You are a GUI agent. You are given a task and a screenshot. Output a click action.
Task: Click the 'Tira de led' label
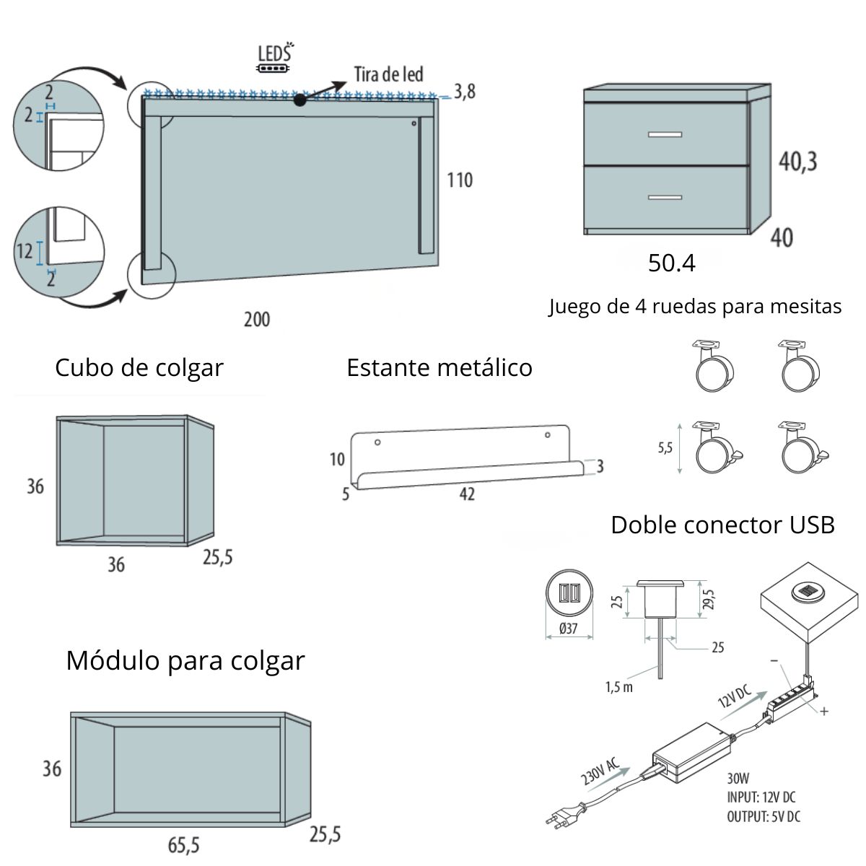tap(388, 74)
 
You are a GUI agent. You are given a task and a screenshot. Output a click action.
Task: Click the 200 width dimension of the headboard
tap(256, 319)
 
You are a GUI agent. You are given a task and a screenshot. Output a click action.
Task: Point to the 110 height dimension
tap(460, 180)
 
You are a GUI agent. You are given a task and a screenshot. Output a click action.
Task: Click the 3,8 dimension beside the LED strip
tap(465, 92)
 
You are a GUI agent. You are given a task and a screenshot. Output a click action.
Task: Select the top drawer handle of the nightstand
tap(665, 134)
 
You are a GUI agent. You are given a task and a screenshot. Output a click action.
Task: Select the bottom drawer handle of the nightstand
tap(665, 196)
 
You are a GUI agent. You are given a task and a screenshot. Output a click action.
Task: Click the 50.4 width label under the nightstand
tap(671, 263)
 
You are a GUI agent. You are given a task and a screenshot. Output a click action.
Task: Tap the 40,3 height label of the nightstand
tap(797, 161)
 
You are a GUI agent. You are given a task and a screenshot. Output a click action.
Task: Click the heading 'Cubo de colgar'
tap(139, 368)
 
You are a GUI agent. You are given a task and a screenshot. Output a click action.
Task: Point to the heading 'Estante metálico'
tap(439, 368)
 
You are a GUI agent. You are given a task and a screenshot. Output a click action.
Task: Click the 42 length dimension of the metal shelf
tap(467, 494)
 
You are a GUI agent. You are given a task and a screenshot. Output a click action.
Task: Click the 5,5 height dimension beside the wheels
tap(665, 447)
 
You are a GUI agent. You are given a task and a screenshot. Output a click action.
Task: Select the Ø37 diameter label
tap(569, 628)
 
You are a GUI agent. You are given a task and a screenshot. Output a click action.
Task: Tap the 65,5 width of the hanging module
tap(183, 845)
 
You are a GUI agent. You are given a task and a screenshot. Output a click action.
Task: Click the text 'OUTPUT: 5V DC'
tap(763, 817)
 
